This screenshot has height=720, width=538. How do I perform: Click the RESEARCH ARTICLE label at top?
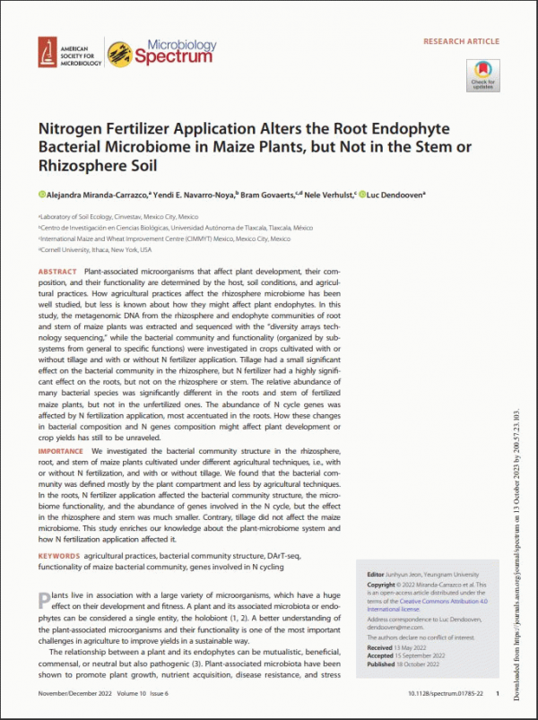click(x=461, y=41)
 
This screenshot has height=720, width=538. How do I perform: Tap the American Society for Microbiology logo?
click(x=69, y=54)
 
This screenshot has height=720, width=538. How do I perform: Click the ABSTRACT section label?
click(x=58, y=271)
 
